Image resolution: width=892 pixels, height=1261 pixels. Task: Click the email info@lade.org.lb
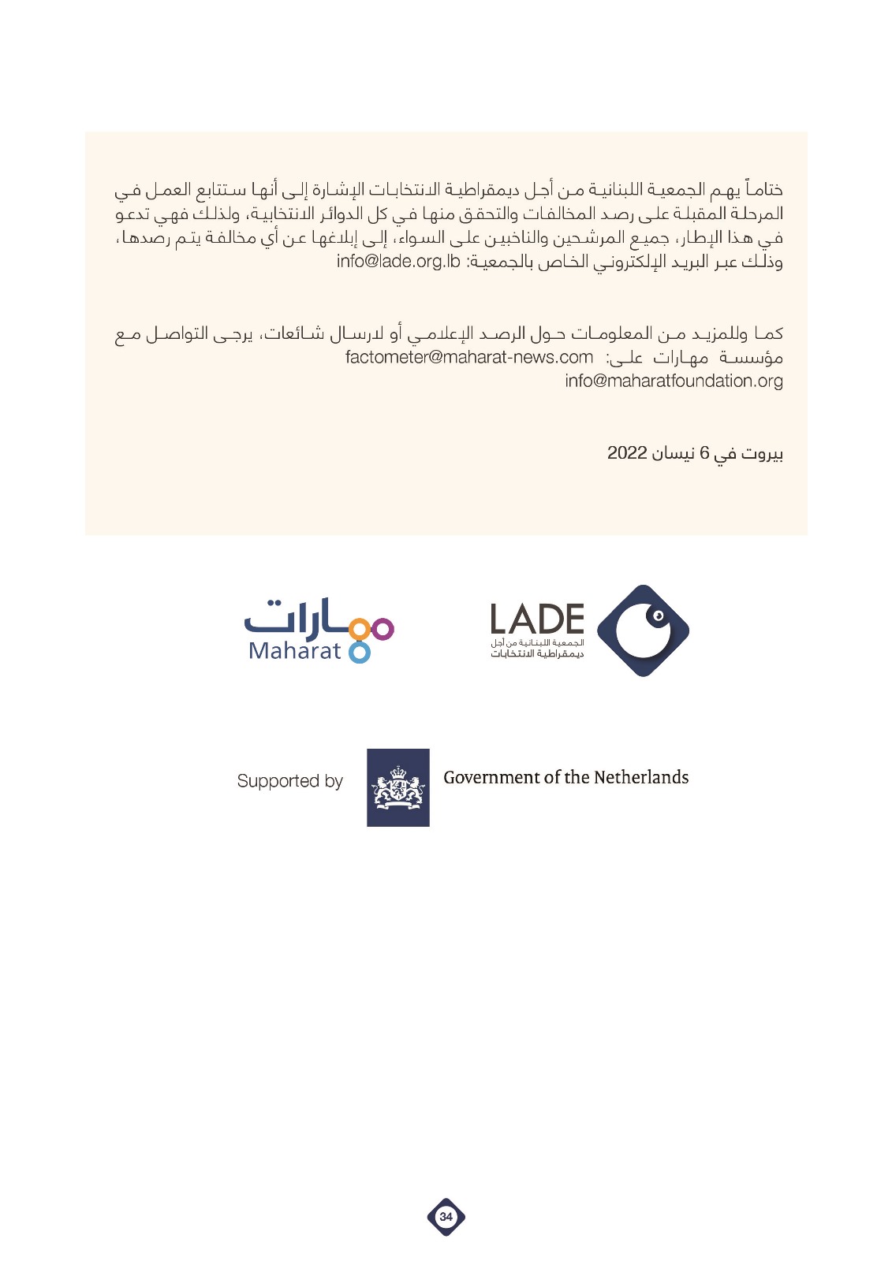[x=397, y=262]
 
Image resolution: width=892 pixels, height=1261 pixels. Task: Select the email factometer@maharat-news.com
[x=468, y=358]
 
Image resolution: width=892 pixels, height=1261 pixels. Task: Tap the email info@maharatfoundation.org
[x=674, y=381]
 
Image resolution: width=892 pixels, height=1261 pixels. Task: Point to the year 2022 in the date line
[x=627, y=453]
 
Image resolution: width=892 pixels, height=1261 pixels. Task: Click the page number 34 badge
[x=446, y=1216]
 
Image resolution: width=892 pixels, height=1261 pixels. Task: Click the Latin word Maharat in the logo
[x=294, y=651]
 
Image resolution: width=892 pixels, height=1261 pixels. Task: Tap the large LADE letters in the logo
[x=537, y=619]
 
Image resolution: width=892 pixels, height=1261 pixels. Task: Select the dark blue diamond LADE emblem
[x=643, y=630]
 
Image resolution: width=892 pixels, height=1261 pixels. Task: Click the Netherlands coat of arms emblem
[x=398, y=787]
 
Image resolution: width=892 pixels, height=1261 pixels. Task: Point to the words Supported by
[x=289, y=781]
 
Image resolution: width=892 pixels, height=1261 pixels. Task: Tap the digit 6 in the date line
[x=704, y=453]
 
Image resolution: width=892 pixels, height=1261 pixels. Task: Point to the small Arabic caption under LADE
[x=537, y=649]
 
